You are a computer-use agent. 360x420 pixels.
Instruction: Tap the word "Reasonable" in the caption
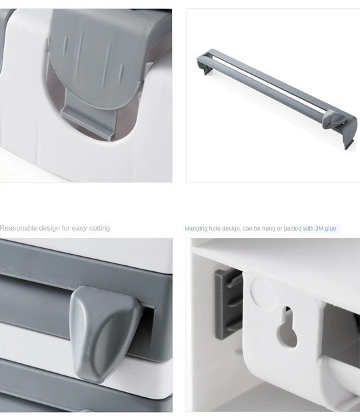(19, 228)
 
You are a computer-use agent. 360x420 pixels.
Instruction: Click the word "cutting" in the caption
(99, 229)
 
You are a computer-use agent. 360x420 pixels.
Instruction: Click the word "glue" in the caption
(331, 229)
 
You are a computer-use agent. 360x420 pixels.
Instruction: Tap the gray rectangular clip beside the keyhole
(228, 304)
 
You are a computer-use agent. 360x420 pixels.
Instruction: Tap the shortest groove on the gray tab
(121, 70)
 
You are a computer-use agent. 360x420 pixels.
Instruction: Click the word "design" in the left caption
(49, 229)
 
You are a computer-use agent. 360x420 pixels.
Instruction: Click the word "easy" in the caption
(79, 229)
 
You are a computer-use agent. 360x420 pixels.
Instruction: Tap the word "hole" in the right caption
(215, 229)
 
